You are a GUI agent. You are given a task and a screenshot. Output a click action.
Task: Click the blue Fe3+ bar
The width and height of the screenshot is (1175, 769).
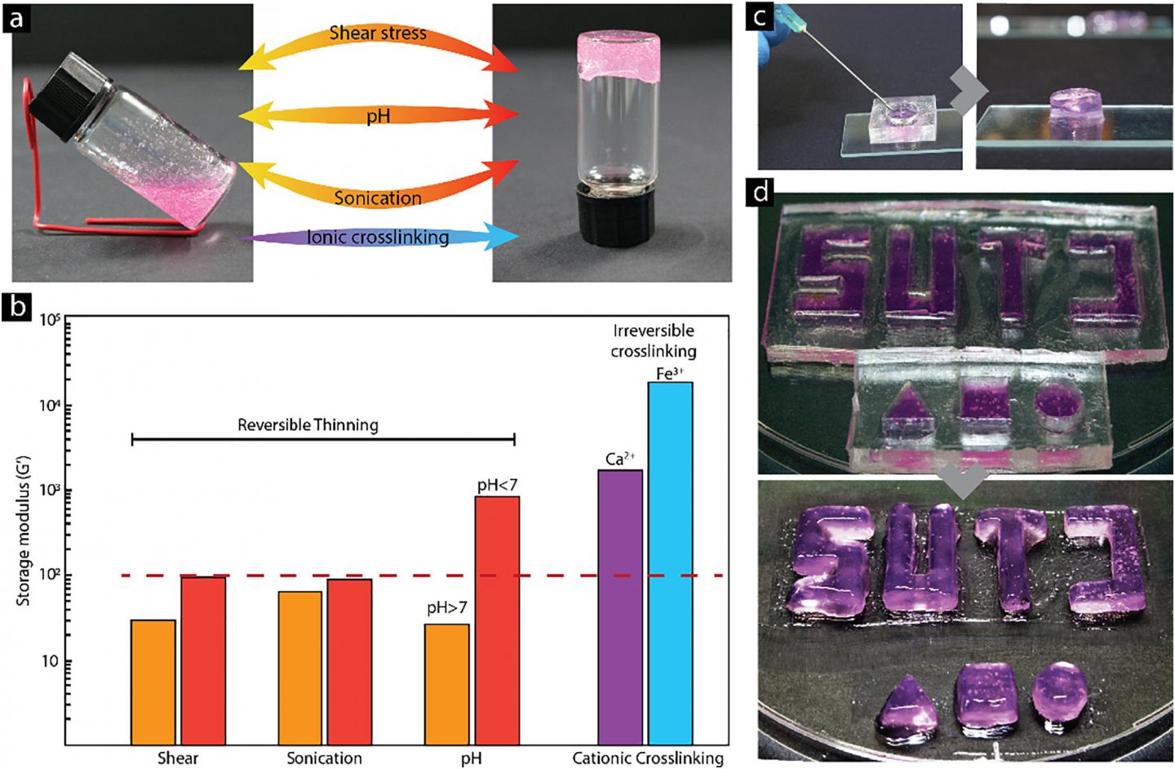point(671,563)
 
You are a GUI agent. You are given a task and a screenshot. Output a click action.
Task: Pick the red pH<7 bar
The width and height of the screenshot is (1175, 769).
point(498,620)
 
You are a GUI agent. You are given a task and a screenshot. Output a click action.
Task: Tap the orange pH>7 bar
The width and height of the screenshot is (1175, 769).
point(447,684)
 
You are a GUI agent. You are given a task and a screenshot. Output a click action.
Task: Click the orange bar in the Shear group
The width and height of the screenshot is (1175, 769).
point(153,682)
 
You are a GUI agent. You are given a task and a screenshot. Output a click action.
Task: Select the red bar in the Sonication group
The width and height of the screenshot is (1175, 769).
point(350,661)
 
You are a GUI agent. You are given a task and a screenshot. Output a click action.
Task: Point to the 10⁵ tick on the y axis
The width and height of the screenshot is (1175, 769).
point(51,320)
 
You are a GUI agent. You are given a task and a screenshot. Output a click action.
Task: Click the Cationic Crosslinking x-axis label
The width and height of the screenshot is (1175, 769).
point(647,758)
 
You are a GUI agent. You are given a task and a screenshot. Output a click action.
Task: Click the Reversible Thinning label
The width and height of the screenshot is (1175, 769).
point(308,425)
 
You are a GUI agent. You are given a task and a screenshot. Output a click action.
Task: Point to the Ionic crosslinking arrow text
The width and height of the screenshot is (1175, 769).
point(379,238)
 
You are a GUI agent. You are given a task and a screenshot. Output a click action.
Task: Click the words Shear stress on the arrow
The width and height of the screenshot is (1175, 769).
point(378,33)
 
